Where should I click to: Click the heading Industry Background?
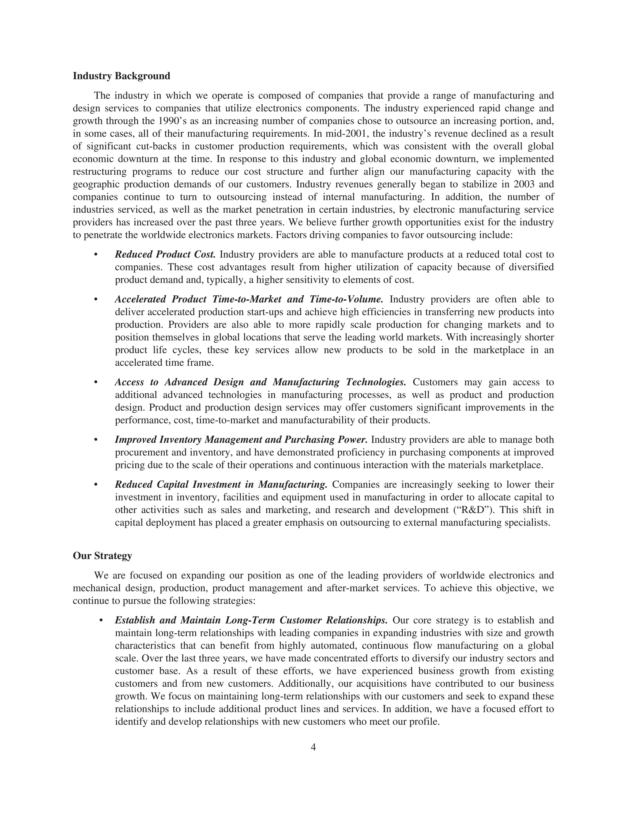pyautogui.click(x=121, y=76)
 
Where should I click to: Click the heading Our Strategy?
pyautogui.click(x=102, y=556)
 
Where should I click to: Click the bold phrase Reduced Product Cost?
pyautogui.click(x=165, y=254)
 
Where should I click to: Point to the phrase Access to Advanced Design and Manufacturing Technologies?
pyautogui.click(x=260, y=382)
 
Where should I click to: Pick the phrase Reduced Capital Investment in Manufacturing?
pyautogui.click(x=221, y=484)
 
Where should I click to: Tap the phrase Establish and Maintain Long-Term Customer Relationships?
pyautogui.click(x=251, y=620)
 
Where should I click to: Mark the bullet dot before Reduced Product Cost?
pyautogui.click(x=96, y=255)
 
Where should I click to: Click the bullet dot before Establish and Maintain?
pyautogui.click(x=101, y=620)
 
